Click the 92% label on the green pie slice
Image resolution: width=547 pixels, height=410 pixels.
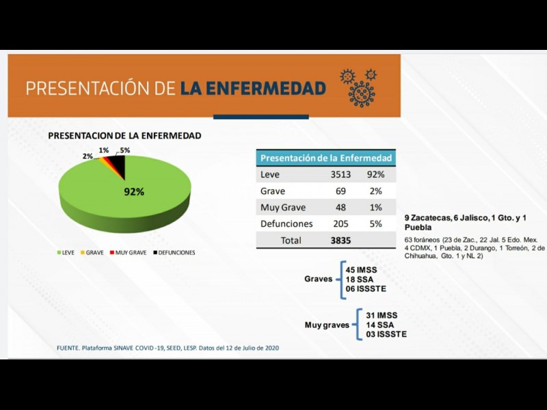click(134, 192)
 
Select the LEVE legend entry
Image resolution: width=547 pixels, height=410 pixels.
click(66, 253)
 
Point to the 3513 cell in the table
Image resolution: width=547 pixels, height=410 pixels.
click(340, 175)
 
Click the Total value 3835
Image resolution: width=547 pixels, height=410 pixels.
click(340, 241)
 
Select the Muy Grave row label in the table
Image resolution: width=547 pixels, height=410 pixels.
click(283, 208)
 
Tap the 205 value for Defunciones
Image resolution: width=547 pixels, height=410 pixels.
click(340, 224)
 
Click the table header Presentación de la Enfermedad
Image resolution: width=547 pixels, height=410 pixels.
click(326, 158)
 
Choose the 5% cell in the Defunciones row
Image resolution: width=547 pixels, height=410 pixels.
click(375, 224)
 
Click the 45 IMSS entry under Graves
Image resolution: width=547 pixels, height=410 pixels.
click(361, 269)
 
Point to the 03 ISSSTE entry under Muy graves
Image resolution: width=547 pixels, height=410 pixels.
click(386, 334)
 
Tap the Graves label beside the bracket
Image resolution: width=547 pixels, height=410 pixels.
click(319, 279)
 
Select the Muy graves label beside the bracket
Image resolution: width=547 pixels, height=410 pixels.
click(327, 325)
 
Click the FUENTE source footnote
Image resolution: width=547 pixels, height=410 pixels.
click(168, 348)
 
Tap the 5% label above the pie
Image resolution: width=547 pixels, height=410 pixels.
click(124, 150)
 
